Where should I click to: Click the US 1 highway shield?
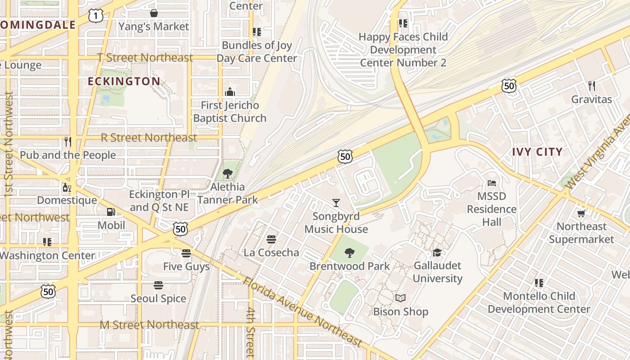tap(96, 16)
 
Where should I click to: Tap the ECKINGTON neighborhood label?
tap(124, 81)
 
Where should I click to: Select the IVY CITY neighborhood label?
tap(537, 152)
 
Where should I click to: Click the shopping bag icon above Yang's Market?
tap(154, 13)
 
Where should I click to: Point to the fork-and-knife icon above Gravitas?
tap(592, 85)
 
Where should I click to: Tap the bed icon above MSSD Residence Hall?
tap(492, 183)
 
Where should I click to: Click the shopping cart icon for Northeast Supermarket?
tap(581, 213)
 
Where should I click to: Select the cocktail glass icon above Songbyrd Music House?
tap(336, 203)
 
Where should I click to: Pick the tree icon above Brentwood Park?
tap(350, 253)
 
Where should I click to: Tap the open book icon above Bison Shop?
tap(400, 298)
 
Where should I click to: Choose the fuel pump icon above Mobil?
tap(111, 211)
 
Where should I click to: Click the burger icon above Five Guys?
tap(186, 253)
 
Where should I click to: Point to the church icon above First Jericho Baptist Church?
tap(230, 92)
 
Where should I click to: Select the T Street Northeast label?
tap(145, 58)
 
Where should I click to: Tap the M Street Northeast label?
tap(149, 325)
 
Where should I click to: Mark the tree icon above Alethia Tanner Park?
tap(228, 174)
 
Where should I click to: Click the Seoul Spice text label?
tap(158, 298)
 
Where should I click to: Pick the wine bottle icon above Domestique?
tap(67, 187)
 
